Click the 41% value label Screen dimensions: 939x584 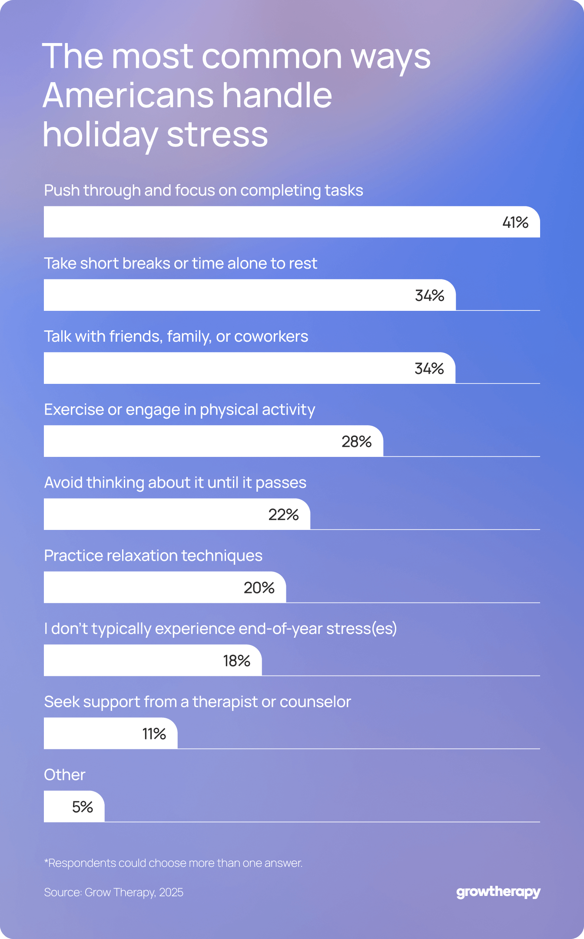[515, 223]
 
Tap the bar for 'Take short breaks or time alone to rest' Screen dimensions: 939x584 [250, 295]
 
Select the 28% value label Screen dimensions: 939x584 [356, 442]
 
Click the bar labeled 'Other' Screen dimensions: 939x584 [74, 806]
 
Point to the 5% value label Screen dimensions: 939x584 [83, 807]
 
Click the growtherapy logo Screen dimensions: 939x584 [498, 892]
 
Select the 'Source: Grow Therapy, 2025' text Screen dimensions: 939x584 [114, 892]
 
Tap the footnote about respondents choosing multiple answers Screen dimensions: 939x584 [173, 863]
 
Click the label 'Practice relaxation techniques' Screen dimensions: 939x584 [153, 556]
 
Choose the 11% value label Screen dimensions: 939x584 [154, 734]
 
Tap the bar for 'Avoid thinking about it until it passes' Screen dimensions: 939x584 [177, 514]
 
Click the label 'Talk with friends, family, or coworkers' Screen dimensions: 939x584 [176, 336]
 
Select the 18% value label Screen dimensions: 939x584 [236, 661]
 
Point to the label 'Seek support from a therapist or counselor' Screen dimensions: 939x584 [197, 702]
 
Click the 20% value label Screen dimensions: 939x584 [259, 588]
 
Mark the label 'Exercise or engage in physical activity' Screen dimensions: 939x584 [179, 410]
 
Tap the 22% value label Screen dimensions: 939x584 [283, 515]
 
